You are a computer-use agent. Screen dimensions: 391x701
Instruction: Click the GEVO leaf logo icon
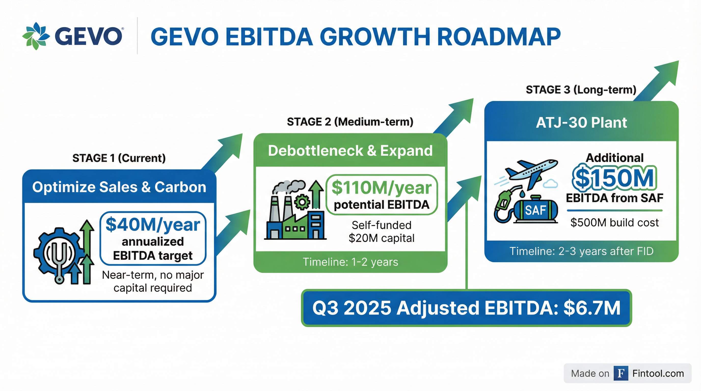click(36, 36)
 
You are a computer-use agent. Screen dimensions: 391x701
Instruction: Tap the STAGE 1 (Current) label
click(119, 158)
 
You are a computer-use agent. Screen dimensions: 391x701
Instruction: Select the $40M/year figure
click(153, 225)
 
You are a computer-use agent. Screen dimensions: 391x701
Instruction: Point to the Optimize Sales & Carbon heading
click(119, 187)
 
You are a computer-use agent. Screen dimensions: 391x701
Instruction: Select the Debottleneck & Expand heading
click(350, 151)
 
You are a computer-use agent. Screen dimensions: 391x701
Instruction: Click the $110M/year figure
click(382, 188)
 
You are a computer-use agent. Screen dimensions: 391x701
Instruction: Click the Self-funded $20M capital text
click(382, 231)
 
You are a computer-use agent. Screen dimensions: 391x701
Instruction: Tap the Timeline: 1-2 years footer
click(350, 262)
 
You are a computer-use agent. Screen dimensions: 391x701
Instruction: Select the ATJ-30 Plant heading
click(581, 123)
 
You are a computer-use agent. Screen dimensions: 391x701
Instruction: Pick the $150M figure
click(614, 178)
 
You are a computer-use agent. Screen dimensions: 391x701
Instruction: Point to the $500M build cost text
click(614, 222)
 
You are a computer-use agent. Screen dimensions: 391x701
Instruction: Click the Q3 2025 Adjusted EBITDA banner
click(466, 308)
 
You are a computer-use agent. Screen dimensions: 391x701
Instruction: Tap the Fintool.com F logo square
click(621, 373)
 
